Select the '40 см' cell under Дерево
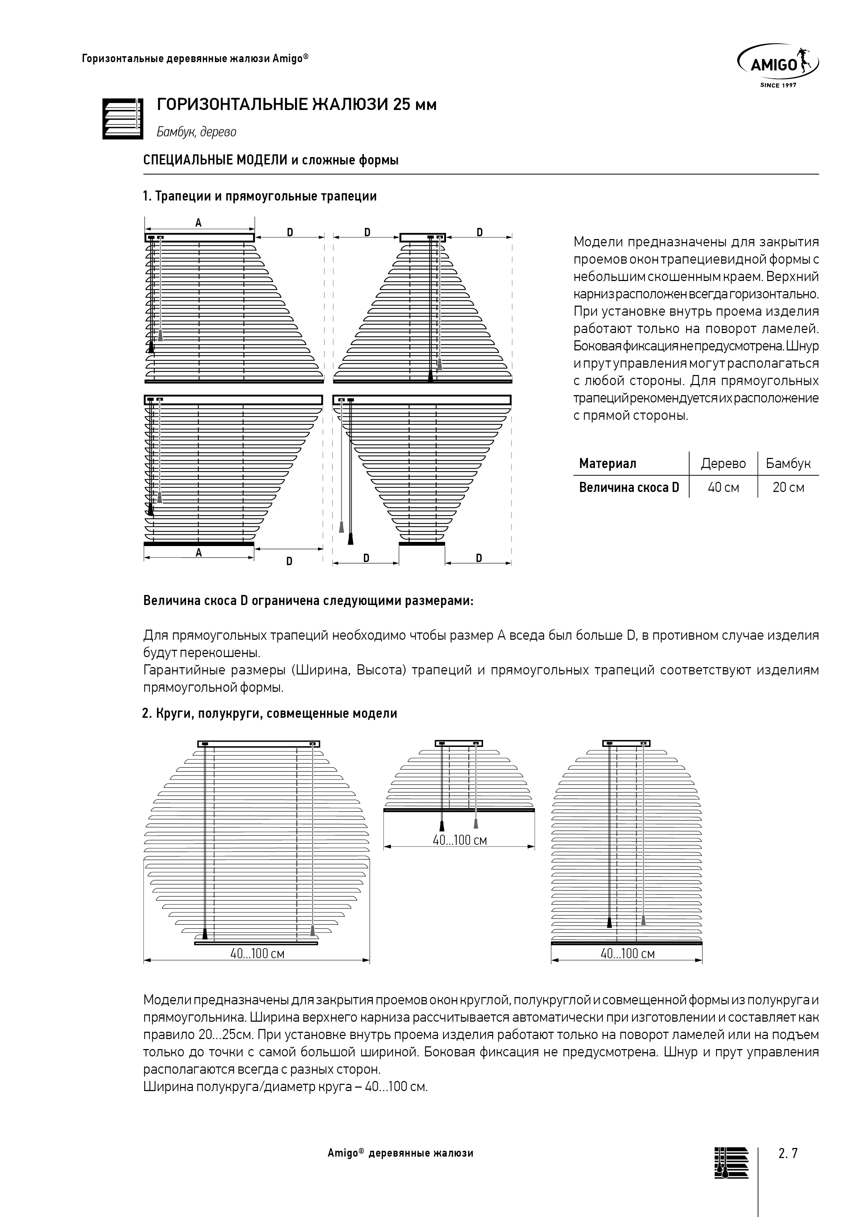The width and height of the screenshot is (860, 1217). pyautogui.click(x=723, y=488)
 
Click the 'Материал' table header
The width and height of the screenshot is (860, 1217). pyautogui.click(x=607, y=464)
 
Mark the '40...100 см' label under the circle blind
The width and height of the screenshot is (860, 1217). pyautogui.click(x=257, y=954)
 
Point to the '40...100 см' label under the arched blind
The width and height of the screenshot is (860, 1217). pyautogui.click(x=627, y=954)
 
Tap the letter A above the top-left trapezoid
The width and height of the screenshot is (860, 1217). pyautogui.click(x=199, y=223)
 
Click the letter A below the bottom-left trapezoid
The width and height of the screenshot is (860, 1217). pyautogui.click(x=199, y=553)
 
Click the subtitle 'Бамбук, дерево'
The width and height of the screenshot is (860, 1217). pyautogui.click(x=196, y=132)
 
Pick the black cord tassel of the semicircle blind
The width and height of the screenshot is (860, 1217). pyautogui.click(x=441, y=826)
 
